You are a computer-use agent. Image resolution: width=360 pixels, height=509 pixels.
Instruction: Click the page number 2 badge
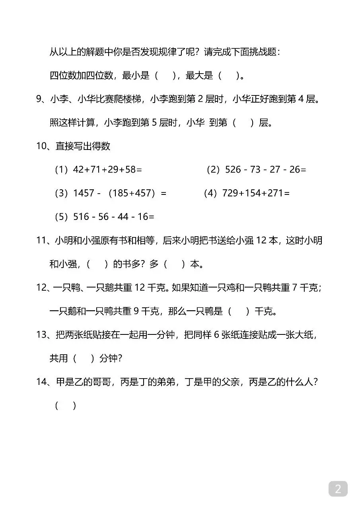(338, 489)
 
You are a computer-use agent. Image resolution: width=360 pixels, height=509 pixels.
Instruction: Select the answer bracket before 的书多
(97, 264)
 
